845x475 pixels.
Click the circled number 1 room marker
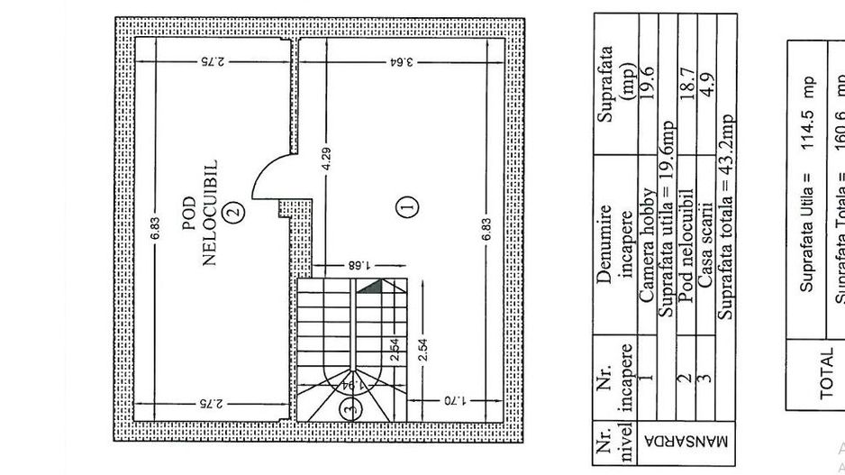[x=407, y=206]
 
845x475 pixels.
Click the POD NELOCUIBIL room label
[x=201, y=214]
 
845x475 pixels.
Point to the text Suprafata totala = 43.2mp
[x=727, y=223]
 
